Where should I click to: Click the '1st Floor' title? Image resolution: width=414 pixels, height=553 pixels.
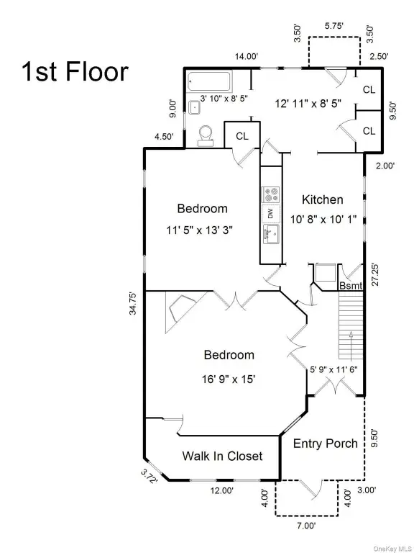[75, 71]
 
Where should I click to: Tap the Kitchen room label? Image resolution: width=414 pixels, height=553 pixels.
[323, 199]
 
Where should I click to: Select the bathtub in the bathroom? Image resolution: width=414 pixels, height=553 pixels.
[209, 82]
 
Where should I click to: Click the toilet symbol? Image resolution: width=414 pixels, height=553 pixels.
[206, 137]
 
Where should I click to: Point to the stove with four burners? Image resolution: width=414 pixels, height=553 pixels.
[270, 194]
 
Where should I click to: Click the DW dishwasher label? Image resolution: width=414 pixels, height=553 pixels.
[270, 214]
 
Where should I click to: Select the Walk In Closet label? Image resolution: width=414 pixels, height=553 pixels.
[222, 456]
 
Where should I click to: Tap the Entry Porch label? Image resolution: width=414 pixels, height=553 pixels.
[326, 444]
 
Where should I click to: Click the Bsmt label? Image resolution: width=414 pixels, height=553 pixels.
[351, 286]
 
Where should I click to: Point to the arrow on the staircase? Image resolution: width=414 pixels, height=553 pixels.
[351, 345]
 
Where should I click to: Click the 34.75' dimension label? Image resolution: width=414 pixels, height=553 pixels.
[133, 303]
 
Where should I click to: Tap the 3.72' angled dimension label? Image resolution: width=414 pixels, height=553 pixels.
[149, 476]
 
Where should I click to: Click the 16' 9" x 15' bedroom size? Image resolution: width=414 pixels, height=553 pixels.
[229, 379]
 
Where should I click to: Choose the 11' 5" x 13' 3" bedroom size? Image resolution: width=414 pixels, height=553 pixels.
[200, 230]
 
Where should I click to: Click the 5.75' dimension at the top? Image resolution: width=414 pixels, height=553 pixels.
[334, 26]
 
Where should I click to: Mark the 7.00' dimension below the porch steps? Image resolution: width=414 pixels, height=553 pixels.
[305, 526]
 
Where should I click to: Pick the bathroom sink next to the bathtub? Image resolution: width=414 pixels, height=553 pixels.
[194, 107]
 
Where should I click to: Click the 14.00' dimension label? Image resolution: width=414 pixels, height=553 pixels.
[247, 56]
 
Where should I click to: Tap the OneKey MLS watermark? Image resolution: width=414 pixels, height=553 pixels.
[393, 549]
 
